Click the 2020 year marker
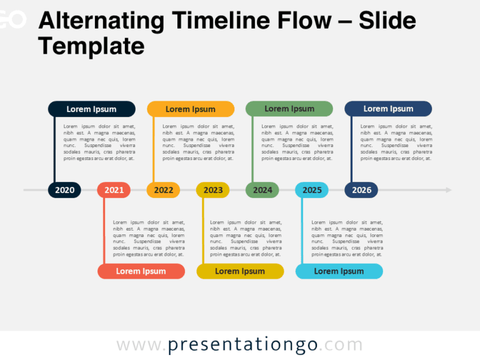pos(64,190)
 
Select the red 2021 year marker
pos(114,190)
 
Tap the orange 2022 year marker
pos(163,190)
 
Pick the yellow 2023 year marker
pos(212,190)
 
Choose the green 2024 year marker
pos(262,190)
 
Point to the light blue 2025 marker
pos(311,190)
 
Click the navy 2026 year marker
pos(361,190)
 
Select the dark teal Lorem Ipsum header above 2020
pos(91,109)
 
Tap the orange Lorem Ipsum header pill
pos(190,109)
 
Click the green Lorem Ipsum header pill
pos(289,109)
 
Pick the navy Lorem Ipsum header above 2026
pos(388,109)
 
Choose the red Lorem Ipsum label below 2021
pos(141,271)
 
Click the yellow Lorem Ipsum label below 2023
pos(240,271)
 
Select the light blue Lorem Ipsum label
pos(339,271)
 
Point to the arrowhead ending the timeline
pos(448,190)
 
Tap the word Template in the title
pos(91,46)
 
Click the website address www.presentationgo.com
pos(239,345)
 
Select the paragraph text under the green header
pos(297,142)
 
